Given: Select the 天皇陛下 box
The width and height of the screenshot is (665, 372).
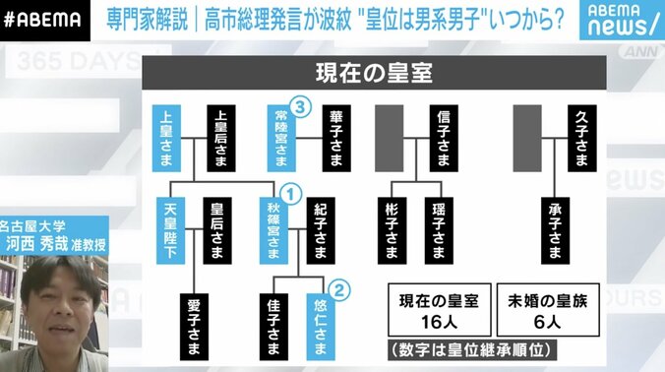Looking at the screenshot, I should [167, 229].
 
